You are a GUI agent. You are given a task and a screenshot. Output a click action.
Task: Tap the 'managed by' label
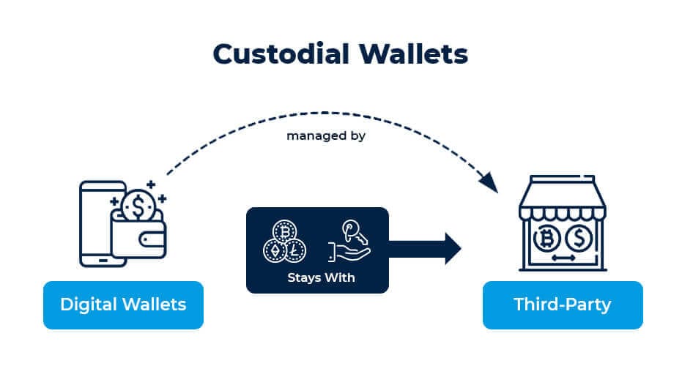pos(326,135)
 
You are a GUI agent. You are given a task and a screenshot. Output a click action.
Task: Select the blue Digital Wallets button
pos(123,305)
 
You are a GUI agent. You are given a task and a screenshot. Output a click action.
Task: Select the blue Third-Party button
pos(562,305)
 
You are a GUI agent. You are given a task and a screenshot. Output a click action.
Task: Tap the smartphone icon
pos(97,220)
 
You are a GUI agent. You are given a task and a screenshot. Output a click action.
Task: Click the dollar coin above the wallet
pos(136,207)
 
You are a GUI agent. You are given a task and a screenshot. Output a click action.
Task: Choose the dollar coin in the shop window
pos(581,239)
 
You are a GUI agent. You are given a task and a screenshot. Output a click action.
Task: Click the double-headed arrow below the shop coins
pos(563,259)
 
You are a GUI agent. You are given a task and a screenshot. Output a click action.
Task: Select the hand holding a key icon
pos(350,241)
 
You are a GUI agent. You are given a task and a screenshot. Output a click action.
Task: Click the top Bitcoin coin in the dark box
pos(283,231)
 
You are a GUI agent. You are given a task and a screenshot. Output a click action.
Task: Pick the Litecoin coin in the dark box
pos(295,250)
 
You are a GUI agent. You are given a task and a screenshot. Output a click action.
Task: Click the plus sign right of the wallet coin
pos(162,198)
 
